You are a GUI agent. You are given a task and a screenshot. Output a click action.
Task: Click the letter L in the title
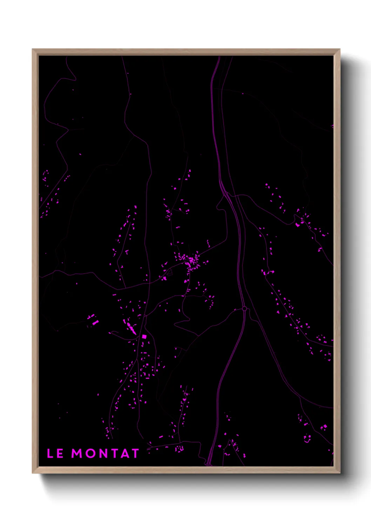50,453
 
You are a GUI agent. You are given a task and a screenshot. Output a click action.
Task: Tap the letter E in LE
60,453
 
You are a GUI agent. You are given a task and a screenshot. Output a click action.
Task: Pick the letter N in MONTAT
103,453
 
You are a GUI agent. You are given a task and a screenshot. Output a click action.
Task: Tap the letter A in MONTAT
124,453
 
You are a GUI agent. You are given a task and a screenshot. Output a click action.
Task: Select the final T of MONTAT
135,453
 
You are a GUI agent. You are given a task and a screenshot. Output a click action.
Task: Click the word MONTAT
105,453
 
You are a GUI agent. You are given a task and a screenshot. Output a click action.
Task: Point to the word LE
55,453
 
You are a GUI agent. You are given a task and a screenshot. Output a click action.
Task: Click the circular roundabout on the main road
244,309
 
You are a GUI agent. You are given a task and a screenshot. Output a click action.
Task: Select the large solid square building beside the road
144,337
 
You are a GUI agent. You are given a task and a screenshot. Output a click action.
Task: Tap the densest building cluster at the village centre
191,261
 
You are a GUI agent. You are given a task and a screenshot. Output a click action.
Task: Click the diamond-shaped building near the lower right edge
324,426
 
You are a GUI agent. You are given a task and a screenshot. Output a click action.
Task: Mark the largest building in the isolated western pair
95,322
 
